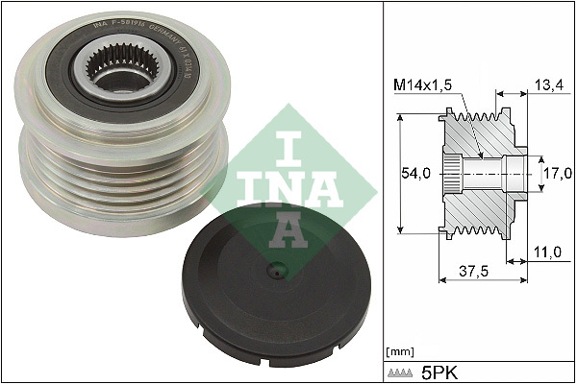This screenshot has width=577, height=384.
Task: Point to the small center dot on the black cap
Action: point(278,268)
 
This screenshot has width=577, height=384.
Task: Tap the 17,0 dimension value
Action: point(557,174)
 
